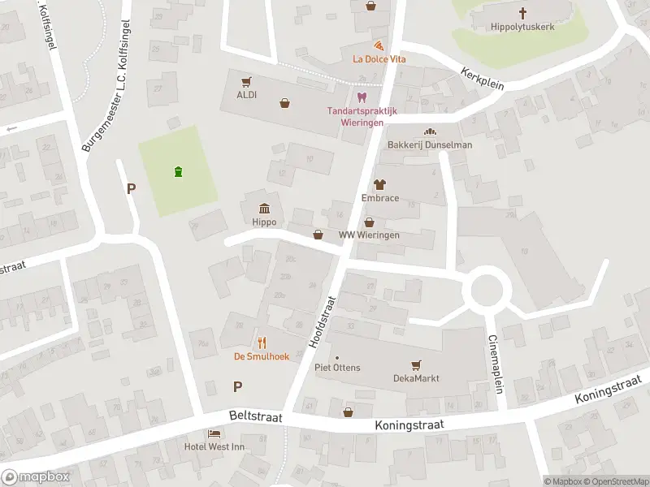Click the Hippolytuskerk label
pyautogui.click(x=522, y=27)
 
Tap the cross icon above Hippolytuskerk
pyautogui.click(x=522, y=13)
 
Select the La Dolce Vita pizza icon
pyautogui.click(x=379, y=45)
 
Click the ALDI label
pyautogui.click(x=246, y=95)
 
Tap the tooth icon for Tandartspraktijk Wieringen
pyautogui.click(x=362, y=97)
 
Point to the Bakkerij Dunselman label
pyautogui.click(x=430, y=144)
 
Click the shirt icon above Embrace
pyautogui.click(x=379, y=184)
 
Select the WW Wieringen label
pyautogui.click(x=369, y=235)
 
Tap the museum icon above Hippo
pyautogui.click(x=264, y=209)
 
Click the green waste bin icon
pyautogui.click(x=178, y=170)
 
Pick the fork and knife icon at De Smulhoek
pyautogui.click(x=262, y=342)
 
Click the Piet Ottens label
pyautogui.click(x=337, y=368)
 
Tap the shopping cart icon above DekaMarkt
pyautogui.click(x=416, y=364)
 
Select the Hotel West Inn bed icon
pyautogui.click(x=214, y=434)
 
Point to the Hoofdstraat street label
pyautogui.click(x=323, y=322)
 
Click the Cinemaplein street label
pyautogui.click(x=496, y=364)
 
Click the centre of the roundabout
pyautogui.click(x=487, y=289)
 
